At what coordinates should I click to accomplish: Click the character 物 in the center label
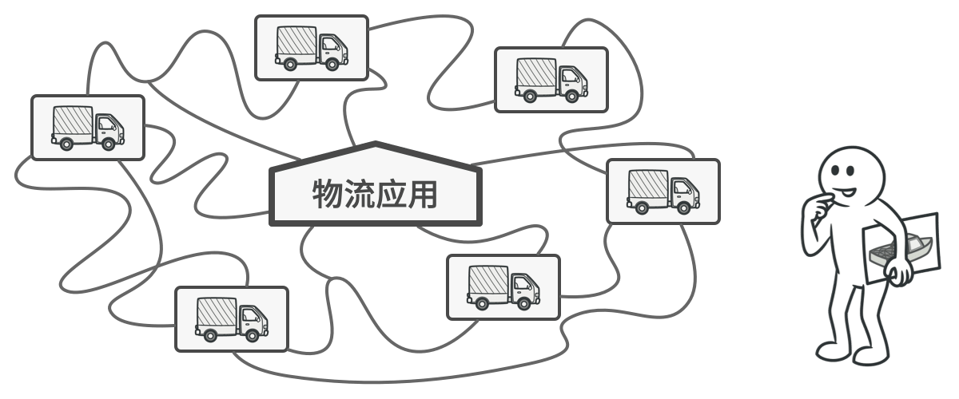pos(327,193)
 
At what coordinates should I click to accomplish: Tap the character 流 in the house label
pos(359,193)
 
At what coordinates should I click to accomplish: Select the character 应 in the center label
pos(391,193)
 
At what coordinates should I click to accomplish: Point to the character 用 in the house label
pos(422,193)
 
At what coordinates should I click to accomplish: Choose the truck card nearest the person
pos(663,191)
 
